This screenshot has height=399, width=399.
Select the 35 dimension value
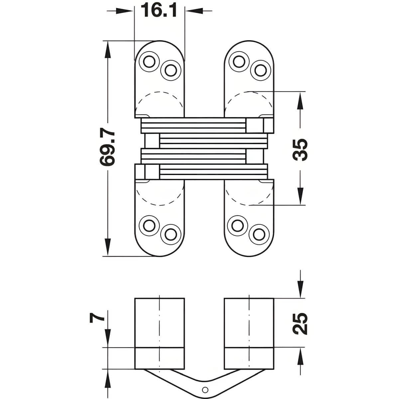[300, 150]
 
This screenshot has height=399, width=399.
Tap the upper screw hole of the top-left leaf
[149, 62]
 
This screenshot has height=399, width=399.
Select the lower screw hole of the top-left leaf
[171, 70]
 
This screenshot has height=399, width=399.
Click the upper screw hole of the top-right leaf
[239, 62]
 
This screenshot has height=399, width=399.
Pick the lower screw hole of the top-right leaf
[260, 70]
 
